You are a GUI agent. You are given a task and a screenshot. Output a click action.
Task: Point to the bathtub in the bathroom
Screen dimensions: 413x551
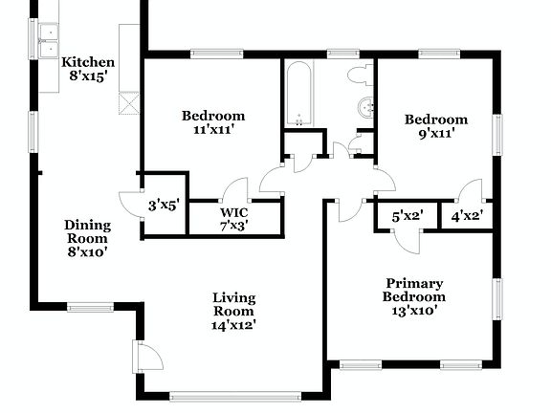[299, 95]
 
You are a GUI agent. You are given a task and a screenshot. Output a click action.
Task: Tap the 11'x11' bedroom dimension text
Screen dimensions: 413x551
[213, 132]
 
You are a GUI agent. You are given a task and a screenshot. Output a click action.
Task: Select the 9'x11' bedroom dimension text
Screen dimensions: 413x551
[435, 134]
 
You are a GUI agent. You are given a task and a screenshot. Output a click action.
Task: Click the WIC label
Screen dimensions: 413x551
[234, 212]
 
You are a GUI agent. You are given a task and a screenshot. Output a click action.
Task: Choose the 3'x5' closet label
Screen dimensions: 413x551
[164, 205]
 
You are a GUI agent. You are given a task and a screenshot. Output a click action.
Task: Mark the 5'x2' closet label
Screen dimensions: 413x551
[406, 216]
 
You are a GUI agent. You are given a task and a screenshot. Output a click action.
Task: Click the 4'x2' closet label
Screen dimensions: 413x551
[466, 216]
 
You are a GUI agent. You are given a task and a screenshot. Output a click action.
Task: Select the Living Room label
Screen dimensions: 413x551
[233, 304]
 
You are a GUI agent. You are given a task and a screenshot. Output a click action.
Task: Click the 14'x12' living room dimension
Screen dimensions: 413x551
[233, 325]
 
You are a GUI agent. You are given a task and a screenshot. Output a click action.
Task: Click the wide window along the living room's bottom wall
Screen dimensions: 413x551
[234, 394]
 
